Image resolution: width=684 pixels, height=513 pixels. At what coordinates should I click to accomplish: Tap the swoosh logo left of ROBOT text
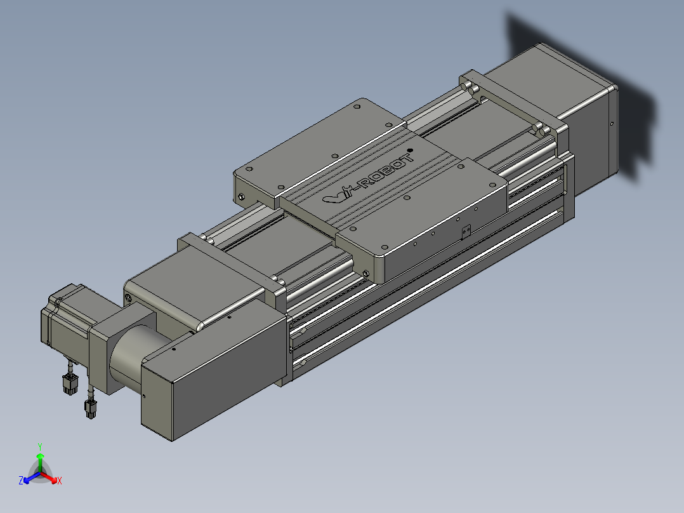pyautogui.click(x=338, y=196)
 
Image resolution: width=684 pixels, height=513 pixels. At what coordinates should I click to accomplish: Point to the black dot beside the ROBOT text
pyautogui.click(x=410, y=150)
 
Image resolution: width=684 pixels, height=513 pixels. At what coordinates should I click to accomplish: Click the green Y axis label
pyautogui.click(x=40, y=447)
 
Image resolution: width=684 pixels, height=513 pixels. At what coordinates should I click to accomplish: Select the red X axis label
pyautogui.click(x=60, y=481)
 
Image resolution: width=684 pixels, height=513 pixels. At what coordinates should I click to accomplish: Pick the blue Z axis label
pyautogui.click(x=21, y=481)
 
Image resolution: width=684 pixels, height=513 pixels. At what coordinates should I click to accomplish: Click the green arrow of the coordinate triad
pyautogui.click(x=40, y=462)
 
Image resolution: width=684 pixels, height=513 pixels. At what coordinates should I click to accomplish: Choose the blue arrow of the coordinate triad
pyautogui.click(x=32, y=477)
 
